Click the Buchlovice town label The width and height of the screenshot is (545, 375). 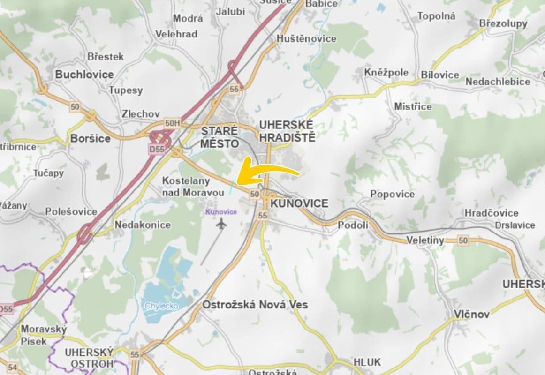[x=84, y=75]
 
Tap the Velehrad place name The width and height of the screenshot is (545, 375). [x=176, y=34]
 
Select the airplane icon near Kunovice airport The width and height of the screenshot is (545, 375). [x=221, y=224]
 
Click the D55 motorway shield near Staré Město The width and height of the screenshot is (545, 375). [x=157, y=149]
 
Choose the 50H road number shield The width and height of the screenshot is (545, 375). [x=172, y=123]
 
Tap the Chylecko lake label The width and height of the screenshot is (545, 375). [x=161, y=306]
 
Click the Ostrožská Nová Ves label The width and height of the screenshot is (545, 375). [x=255, y=305]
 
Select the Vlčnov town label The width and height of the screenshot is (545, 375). [x=471, y=314]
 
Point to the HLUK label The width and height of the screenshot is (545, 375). [x=367, y=362]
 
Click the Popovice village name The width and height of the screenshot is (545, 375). [x=393, y=194]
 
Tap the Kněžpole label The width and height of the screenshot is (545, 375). [x=386, y=73]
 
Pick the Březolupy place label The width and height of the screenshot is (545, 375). [x=503, y=23]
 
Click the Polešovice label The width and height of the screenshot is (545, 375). [x=71, y=212]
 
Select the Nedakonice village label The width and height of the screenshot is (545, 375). [x=143, y=225]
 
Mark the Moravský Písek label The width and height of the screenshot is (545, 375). [x=43, y=335]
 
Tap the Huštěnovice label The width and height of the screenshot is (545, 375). [x=307, y=39]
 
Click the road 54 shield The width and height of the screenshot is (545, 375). [x=13, y=368]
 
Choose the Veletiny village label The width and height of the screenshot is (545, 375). [x=425, y=240]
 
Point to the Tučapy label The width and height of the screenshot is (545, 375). [x=48, y=173]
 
